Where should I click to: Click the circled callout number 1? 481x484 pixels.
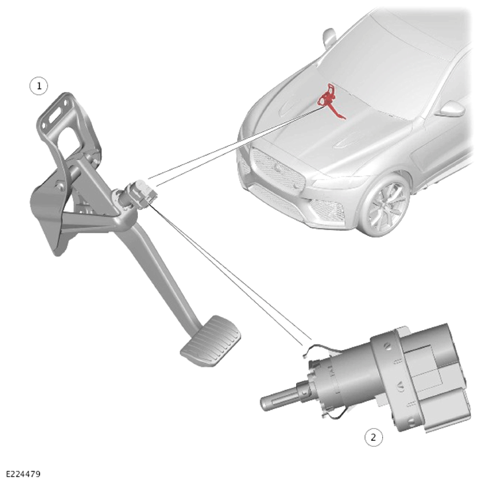point(38,86)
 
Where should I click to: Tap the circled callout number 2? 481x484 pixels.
point(373,438)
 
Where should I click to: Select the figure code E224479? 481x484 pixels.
point(23,474)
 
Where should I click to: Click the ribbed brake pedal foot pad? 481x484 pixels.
point(211,341)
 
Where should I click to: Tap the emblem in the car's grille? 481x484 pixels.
point(278,168)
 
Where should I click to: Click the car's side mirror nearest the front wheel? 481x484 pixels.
point(450,109)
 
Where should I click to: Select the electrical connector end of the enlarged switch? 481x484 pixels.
point(432,377)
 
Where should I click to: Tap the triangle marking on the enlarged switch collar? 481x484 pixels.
point(400,386)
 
